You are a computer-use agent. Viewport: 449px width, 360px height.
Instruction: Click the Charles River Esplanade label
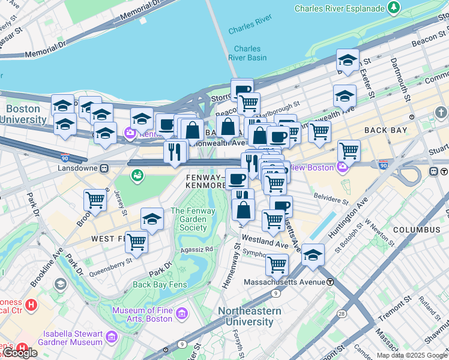pos(339,8)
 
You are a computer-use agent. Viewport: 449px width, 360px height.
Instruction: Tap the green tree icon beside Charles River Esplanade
pos(394,8)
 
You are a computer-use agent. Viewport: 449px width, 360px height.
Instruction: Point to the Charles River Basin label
pos(247,53)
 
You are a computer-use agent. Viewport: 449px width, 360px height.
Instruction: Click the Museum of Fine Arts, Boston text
pos(142,314)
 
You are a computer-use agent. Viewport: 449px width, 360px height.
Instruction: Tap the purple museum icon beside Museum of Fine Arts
pos(182,313)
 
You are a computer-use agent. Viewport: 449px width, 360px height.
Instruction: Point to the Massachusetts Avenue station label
pos(285,282)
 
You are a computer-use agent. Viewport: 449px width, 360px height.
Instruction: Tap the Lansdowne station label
pos(74,169)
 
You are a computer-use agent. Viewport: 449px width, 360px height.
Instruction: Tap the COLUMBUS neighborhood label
pos(417,230)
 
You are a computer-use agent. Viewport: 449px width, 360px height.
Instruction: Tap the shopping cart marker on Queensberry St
pos(136,242)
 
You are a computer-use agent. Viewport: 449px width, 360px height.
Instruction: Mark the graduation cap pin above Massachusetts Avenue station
pos(312,254)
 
